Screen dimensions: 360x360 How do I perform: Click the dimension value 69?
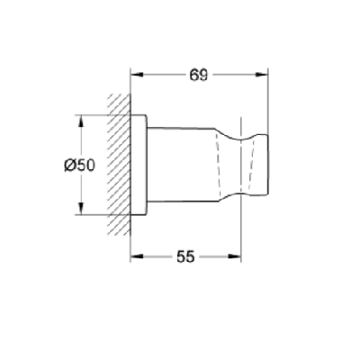(198, 75)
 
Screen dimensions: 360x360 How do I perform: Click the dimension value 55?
(185, 256)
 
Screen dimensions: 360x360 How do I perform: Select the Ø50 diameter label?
(79, 165)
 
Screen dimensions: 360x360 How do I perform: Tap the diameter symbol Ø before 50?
(70, 165)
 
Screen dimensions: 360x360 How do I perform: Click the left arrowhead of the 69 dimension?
(137, 75)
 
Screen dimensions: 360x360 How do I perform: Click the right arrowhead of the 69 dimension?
(262, 75)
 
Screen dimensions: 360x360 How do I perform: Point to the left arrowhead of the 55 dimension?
(137, 256)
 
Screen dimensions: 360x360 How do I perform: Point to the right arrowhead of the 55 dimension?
(235, 256)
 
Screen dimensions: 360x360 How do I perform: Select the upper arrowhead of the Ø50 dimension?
(80, 121)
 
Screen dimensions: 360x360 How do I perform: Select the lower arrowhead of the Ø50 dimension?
(80, 209)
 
